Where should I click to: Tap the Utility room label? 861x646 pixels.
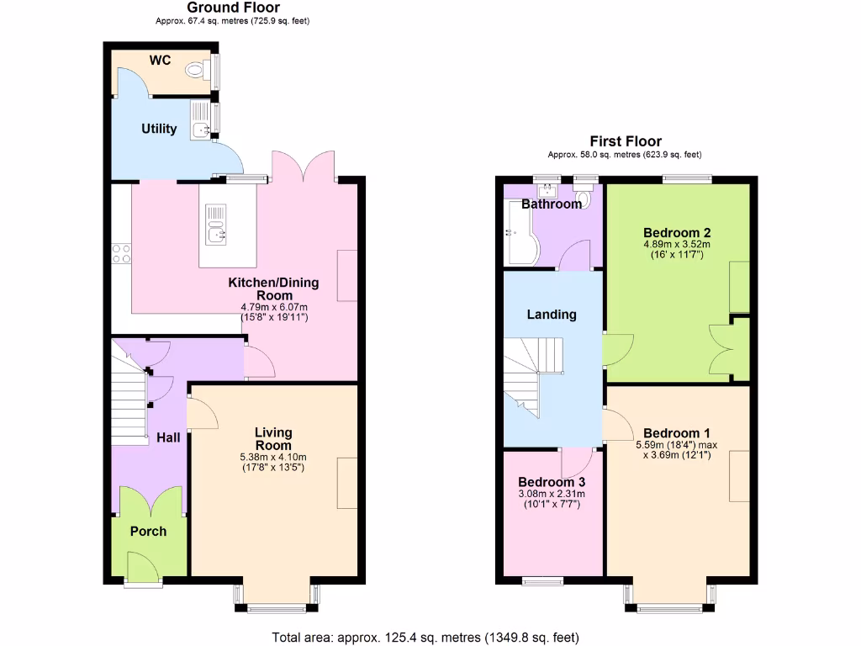point(159,129)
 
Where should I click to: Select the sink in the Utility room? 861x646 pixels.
point(200,128)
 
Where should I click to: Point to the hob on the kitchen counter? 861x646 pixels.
point(121,253)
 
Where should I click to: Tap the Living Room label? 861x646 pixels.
point(273,438)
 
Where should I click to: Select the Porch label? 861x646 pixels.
point(148,532)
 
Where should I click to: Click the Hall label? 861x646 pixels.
point(168,437)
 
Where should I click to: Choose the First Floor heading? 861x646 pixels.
point(625,141)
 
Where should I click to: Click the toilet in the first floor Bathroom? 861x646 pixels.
point(585,198)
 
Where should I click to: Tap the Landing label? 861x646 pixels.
point(552,314)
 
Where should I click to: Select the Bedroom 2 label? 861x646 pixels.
point(678,232)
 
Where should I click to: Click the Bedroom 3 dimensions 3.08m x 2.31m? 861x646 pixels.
point(552,494)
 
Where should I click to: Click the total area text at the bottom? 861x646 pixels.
point(425,637)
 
